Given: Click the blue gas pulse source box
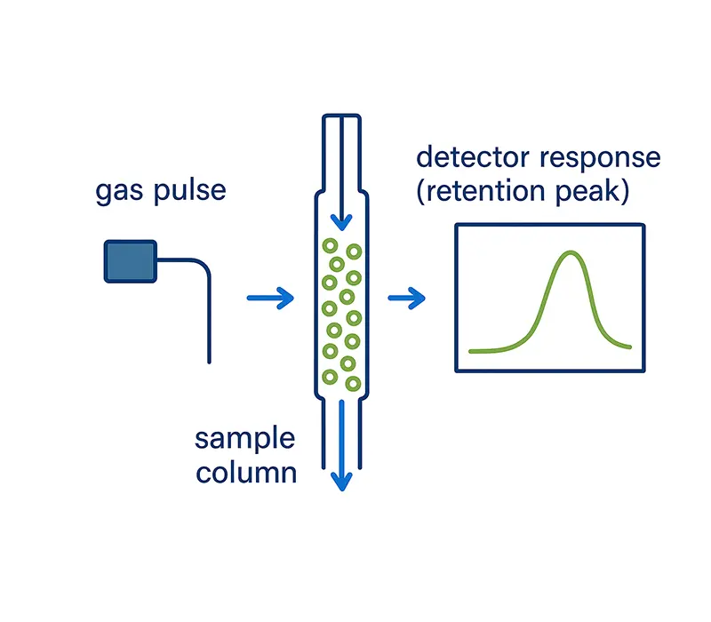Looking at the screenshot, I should point(131,260).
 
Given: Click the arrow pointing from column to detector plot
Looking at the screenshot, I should point(408,299).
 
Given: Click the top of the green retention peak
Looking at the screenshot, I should point(569,253).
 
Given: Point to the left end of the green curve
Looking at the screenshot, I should point(471,351).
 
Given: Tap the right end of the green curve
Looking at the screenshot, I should point(630,346).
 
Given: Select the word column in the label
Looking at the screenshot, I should point(245,472).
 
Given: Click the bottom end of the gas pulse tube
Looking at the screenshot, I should point(209,361).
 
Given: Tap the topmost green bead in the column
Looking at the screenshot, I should point(330,245).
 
